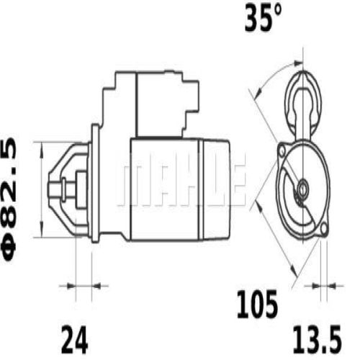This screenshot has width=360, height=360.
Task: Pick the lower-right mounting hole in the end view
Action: [x=322, y=230]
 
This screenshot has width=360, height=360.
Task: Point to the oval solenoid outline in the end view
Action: [x=303, y=101]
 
